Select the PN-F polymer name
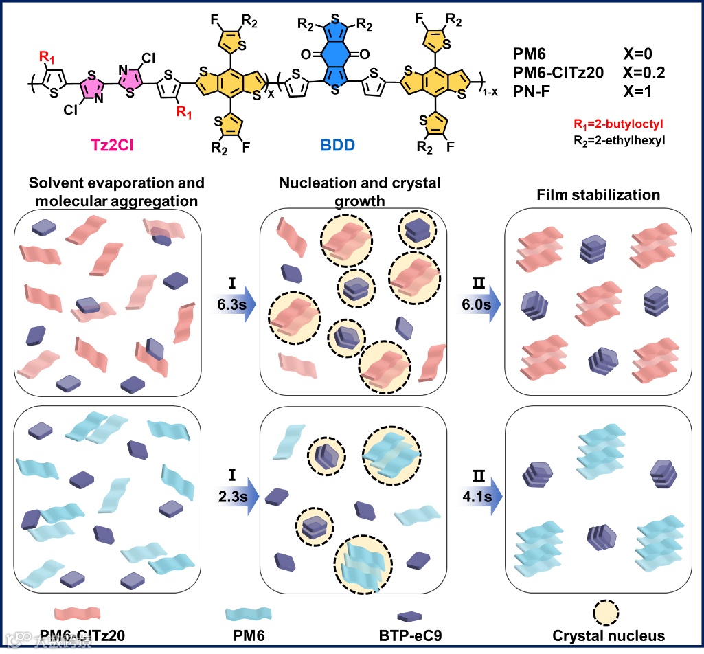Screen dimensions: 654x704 (x=532, y=87)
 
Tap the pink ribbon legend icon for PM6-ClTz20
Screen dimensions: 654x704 (x=77, y=611)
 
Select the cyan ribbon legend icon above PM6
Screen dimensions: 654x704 (x=249, y=611)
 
